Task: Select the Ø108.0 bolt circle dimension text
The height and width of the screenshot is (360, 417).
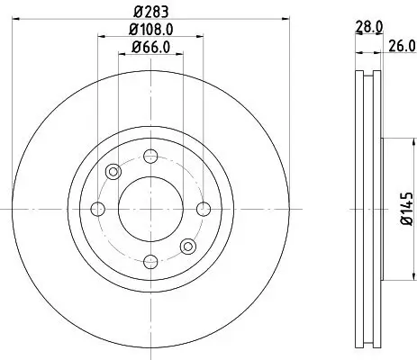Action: pyautogui.click(x=150, y=31)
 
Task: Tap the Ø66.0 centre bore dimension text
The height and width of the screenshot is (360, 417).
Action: pyautogui.click(x=150, y=48)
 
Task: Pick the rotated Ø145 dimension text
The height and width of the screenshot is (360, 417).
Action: pyautogui.click(x=407, y=209)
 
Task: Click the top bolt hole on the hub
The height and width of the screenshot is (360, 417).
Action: pyautogui.click(x=150, y=156)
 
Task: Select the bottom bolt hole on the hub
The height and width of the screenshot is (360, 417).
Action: pyautogui.click(x=150, y=261)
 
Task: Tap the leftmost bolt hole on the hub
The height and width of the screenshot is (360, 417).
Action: pyautogui.click(x=97, y=209)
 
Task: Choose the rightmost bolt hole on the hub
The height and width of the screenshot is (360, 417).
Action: pyautogui.click(x=203, y=209)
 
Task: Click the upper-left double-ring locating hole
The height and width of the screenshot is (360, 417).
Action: pyautogui.click(x=113, y=172)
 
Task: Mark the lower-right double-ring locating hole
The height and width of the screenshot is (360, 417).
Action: pyautogui.click(x=187, y=245)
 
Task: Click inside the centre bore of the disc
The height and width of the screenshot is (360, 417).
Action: pyautogui.click(x=150, y=209)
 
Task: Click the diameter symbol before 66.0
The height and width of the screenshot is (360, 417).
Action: pyautogui.click(x=135, y=48)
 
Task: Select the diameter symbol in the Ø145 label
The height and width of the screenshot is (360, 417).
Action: pyautogui.click(x=407, y=221)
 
